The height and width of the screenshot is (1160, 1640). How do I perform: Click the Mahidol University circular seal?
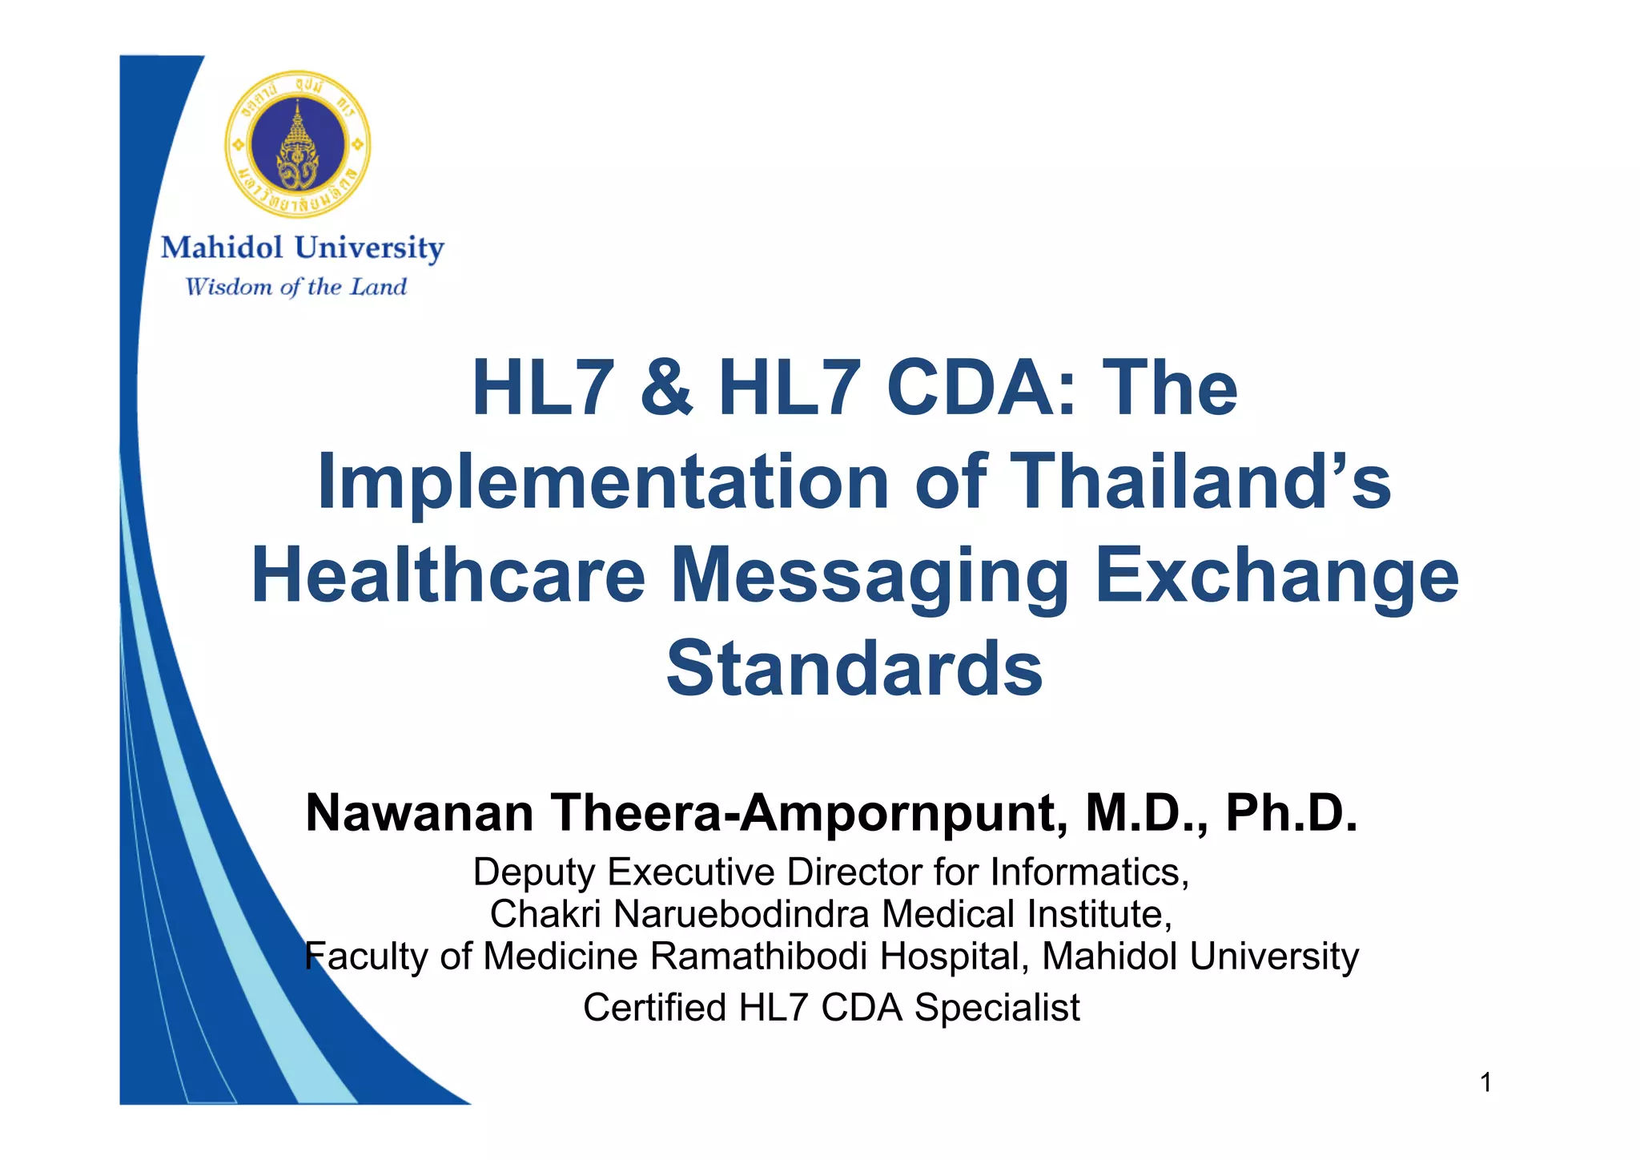[297, 144]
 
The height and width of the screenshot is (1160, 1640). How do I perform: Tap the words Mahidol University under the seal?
[302, 248]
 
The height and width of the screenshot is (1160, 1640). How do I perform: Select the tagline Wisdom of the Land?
[295, 287]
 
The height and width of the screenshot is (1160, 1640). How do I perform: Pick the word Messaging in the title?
[870, 577]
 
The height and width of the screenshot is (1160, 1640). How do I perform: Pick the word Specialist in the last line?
[997, 1008]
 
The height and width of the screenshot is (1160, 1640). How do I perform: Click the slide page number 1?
[1485, 1083]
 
